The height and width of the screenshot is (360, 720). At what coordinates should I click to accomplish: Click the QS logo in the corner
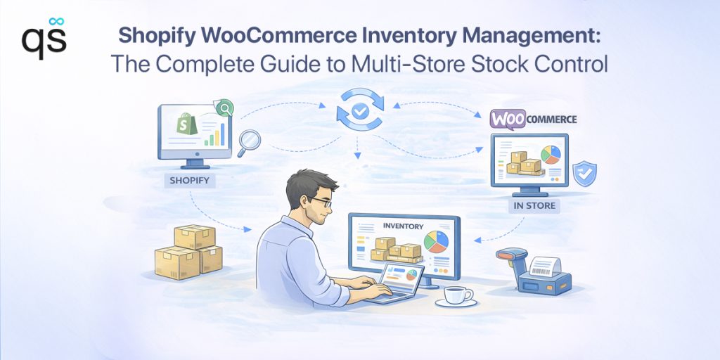(44, 38)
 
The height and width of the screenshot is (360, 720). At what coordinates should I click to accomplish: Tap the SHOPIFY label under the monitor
(189, 181)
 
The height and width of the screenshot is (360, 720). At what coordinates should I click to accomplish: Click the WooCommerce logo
(532, 120)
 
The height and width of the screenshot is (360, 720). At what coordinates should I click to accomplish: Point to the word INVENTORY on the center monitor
(403, 226)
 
